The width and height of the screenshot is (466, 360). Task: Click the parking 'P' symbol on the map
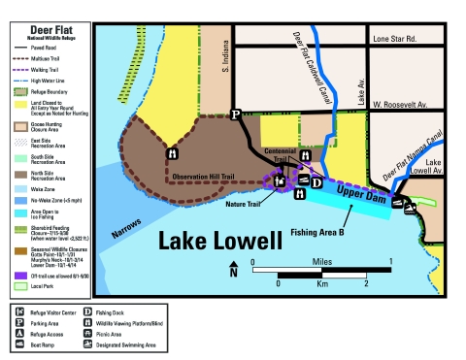(234, 114)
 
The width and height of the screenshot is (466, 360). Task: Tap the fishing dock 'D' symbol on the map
(316, 182)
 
